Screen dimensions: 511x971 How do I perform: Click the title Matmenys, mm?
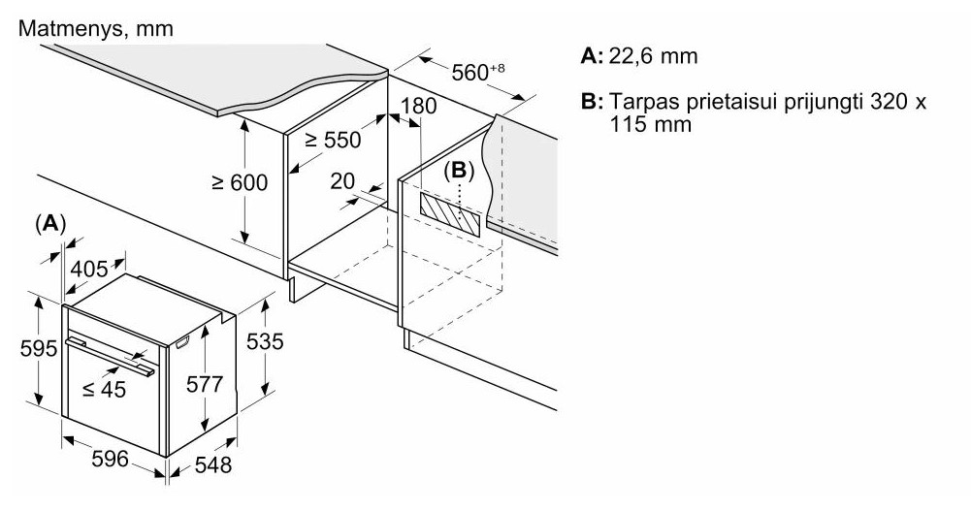click(x=96, y=28)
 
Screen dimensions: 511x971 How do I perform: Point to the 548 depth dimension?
click(x=212, y=464)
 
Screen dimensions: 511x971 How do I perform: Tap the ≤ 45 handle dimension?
click(x=105, y=388)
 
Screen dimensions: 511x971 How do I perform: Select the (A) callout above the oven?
click(x=50, y=223)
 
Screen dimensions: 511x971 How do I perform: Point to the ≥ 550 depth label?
click(x=333, y=140)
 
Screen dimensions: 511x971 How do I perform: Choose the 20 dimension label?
click(x=341, y=180)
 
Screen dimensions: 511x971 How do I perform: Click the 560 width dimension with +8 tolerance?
click(x=478, y=72)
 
